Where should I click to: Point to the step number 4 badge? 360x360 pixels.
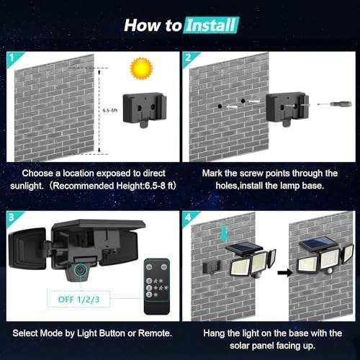coord(189,217)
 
